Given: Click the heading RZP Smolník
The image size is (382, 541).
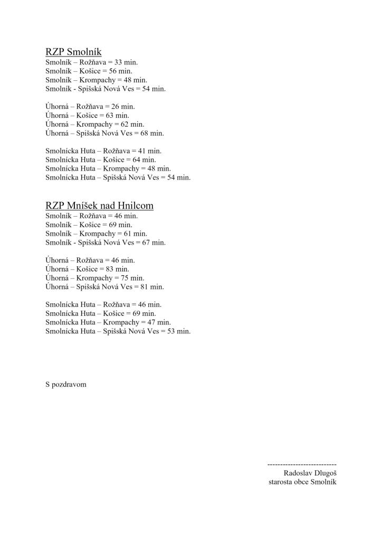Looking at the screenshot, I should pos(73,52).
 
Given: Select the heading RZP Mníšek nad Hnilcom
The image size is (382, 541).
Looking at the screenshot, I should pos(99,205).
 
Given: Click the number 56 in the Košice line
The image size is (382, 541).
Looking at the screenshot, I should pos(113,71).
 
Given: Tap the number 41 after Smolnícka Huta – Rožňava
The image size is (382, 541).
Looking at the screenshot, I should pos(142,151).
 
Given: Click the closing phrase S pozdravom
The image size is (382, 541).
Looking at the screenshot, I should pos(66,384).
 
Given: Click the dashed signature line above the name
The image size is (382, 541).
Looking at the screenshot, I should pos(302,464).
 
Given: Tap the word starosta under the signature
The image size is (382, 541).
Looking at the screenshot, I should pos(280,482).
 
